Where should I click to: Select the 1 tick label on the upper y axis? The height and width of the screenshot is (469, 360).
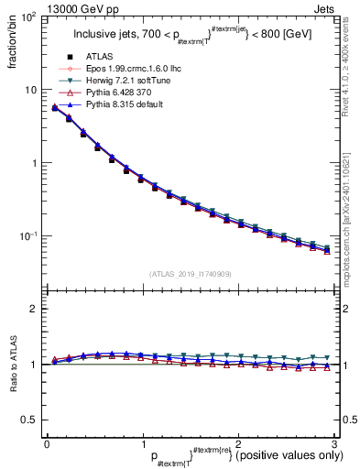(33, 163)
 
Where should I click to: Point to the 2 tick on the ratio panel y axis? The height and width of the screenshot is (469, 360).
(33, 309)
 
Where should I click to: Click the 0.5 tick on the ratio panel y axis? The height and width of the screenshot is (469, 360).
(29, 420)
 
